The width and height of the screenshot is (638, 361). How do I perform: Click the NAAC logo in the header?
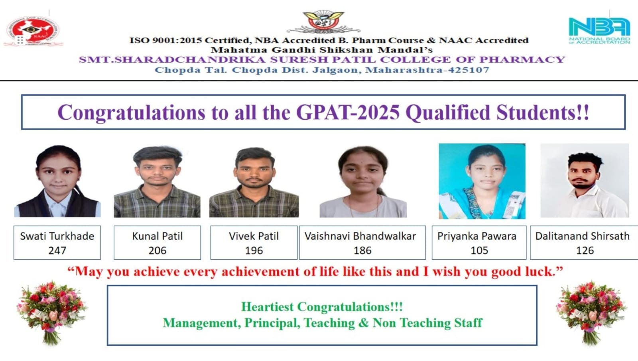(x=33, y=31)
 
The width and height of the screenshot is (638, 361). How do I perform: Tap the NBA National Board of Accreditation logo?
(x=599, y=31)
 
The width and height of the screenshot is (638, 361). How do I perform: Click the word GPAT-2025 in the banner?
(x=348, y=112)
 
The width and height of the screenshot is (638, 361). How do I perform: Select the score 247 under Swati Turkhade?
(x=57, y=251)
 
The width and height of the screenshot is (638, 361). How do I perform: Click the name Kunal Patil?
(x=157, y=236)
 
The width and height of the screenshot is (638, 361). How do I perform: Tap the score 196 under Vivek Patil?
(x=254, y=251)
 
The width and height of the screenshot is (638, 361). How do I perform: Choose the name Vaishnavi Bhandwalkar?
(x=360, y=236)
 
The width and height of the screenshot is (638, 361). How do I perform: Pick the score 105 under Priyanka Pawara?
(x=479, y=251)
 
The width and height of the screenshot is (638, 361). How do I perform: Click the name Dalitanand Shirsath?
(x=583, y=236)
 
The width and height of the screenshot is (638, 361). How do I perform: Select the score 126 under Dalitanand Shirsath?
(x=585, y=251)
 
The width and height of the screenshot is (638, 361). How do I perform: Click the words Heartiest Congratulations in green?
(x=322, y=307)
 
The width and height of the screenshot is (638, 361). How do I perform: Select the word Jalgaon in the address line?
(x=337, y=70)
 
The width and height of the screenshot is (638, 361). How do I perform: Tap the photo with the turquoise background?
(x=482, y=181)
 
